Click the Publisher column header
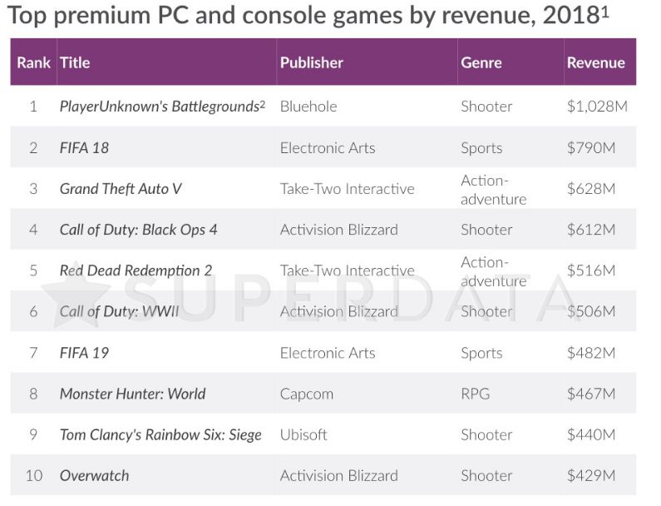[x=311, y=62]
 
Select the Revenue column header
[x=595, y=62]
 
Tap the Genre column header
[x=481, y=62]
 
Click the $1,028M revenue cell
[x=596, y=107]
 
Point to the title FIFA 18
[x=84, y=148]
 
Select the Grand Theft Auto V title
[x=121, y=189]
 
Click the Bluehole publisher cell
[x=308, y=107]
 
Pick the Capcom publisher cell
[x=306, y=394]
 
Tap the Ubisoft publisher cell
[x=303, y=434]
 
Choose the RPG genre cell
[x=476, y=394]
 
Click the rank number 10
[x=33, y=475]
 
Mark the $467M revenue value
[x=590, y=394]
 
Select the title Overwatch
[x=94, y=475]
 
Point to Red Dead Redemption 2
[x=136, y=270]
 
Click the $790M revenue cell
[x=590, y=148]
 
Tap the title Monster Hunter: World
[x=132, y=394]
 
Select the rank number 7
[x=33, y=353]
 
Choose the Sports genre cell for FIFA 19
[x=481, y=353]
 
